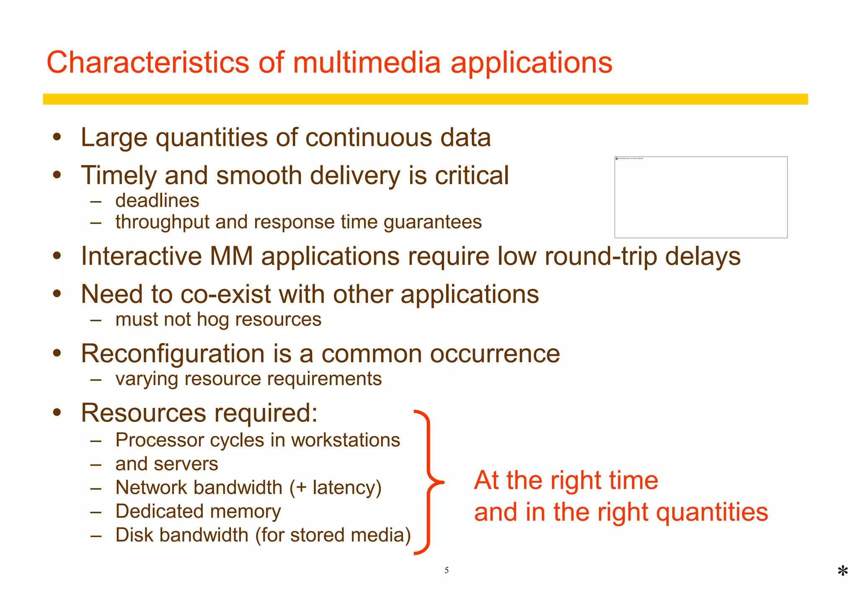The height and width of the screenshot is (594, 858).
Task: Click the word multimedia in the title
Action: tap(367, 63)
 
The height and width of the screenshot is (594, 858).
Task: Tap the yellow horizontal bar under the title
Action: tap(425, 99)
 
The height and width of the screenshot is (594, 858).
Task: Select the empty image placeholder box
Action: tap(700, 197)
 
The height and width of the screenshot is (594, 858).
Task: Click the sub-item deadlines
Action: tap(157, 201)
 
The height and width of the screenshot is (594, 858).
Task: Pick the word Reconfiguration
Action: tap(173, 354)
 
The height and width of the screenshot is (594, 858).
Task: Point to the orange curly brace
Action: tap(428, 482)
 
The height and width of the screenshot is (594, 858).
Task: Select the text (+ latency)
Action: tap(336, 488)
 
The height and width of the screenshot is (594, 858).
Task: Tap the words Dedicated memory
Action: tap(198, 511)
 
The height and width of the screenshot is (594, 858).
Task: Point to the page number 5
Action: tap(447, 570)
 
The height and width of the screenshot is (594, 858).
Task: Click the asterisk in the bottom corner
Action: tap(842, 571)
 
